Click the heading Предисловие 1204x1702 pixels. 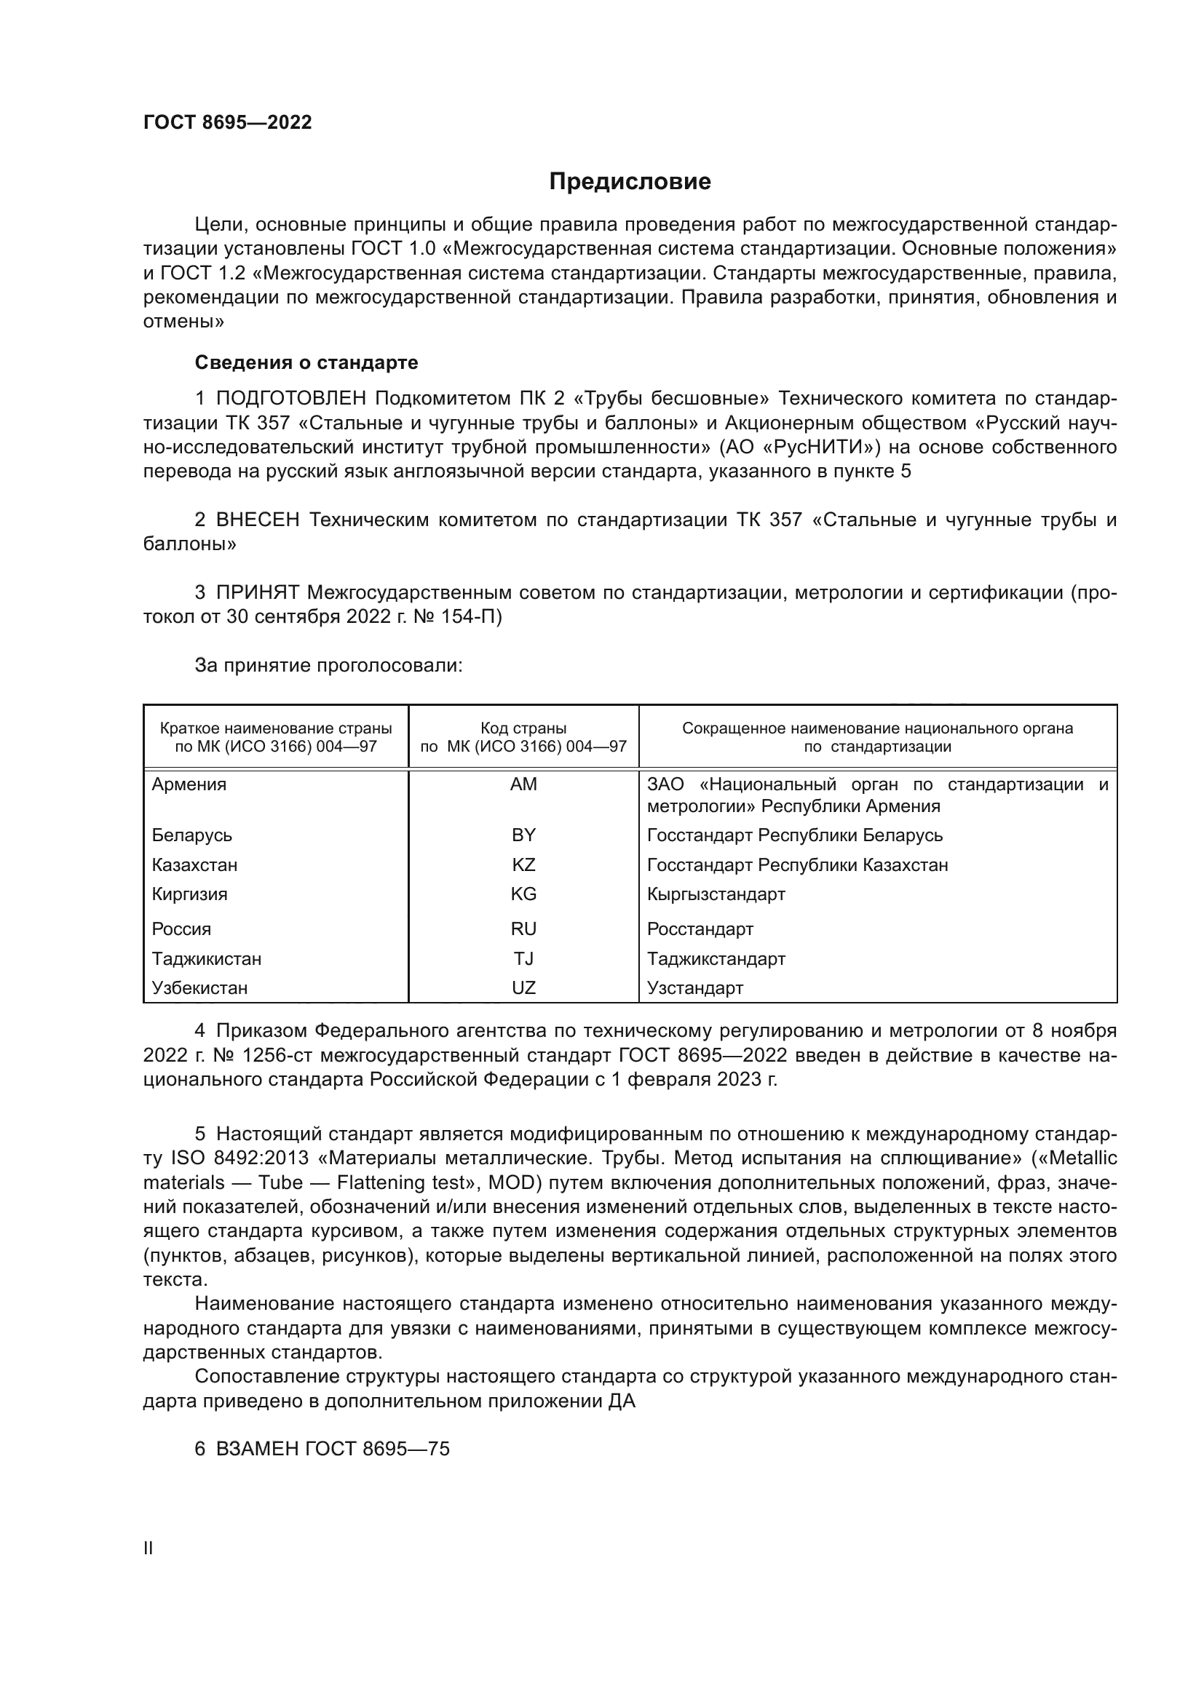(630, 182)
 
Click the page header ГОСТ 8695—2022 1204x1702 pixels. (228, 122)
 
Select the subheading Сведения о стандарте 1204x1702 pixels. (306, 362)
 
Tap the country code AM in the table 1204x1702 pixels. (523, 784)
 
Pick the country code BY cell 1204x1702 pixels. (523, 835)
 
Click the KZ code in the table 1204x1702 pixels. (523, 865)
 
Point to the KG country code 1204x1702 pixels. (523, 894)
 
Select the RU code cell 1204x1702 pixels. (523, 928)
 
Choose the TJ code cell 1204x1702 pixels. (523, 958)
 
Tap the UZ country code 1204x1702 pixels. (523, 988)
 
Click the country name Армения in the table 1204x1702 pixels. (189, 784)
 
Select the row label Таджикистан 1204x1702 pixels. (206, 958)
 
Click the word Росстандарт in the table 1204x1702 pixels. (700, 928)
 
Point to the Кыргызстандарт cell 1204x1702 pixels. (716, 894)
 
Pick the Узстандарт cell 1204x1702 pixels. (694, 988)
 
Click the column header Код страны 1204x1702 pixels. (523, 728)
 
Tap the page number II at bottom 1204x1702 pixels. (148, 1548)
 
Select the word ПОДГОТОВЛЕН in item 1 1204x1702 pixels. (291, 399)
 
